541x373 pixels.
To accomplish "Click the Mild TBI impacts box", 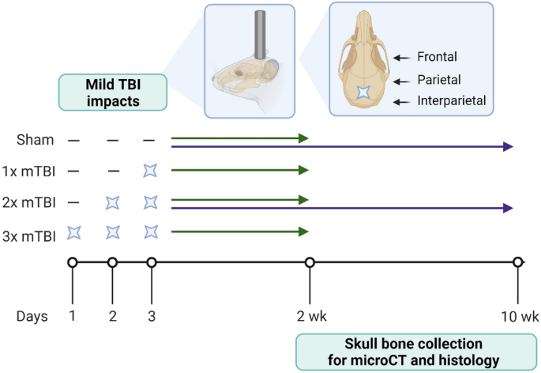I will click(x=112, y=92).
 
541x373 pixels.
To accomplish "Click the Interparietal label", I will click(x=453, y=101).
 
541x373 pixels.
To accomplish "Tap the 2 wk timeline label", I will click(x=310, y=316).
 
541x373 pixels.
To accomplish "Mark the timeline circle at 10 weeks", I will click(x=517, y=262).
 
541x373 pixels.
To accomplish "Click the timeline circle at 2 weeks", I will click(x=310, y=262).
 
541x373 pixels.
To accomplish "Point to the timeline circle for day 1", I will click(x=73, y=262).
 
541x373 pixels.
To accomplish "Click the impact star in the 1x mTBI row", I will click(x=151, y=170).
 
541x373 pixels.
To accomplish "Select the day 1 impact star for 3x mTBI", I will click(x=73, y=232).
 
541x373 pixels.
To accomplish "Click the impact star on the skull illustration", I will click(x=363, y=92).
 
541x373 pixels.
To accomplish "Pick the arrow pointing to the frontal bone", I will click(x=403, y=57).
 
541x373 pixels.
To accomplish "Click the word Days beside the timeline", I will click(x=32, y=316).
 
